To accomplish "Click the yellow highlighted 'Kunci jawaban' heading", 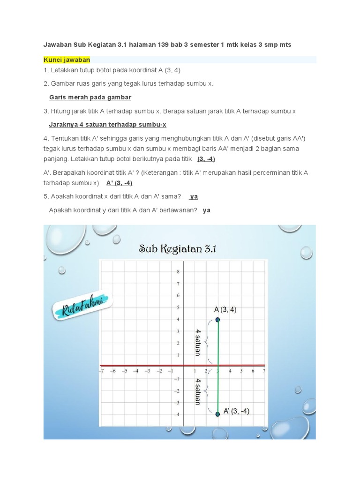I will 67,60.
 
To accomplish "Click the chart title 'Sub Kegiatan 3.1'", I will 177,248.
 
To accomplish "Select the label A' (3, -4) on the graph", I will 236,411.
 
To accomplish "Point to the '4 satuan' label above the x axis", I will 198,342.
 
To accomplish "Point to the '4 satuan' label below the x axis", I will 198,391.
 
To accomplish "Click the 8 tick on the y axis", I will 178,272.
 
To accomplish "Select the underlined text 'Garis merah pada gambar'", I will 90,97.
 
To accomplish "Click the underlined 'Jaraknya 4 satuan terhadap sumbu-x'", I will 107,125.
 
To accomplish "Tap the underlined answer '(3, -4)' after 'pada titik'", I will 206,159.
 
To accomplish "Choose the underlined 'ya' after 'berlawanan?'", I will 206,210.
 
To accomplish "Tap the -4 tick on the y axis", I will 177,414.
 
